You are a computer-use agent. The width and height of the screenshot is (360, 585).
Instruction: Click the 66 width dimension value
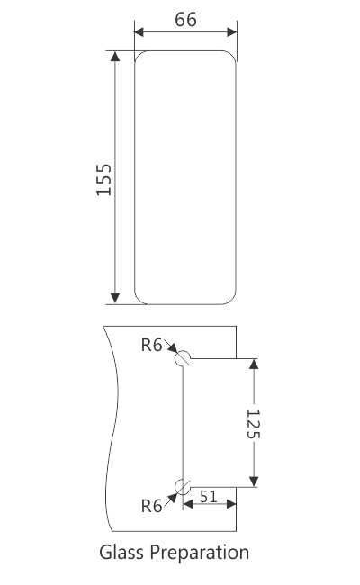186,21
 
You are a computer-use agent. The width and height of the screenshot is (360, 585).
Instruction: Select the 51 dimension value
207,497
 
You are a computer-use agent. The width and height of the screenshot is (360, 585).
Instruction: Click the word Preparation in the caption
200,553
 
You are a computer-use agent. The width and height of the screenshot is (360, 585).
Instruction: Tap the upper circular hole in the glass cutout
184,357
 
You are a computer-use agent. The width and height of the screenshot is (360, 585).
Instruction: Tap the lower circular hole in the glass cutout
184,486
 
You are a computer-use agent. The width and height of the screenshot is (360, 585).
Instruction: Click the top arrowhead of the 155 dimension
115,57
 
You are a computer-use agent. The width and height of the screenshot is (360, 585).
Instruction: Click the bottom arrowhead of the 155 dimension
115,298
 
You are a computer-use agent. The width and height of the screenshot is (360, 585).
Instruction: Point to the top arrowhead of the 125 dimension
253,364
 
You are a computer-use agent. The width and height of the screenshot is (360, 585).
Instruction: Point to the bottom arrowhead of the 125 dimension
253,480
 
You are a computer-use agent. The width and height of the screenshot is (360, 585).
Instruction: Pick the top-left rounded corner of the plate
139,56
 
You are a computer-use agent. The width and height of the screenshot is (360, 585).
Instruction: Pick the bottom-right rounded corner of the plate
232,299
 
